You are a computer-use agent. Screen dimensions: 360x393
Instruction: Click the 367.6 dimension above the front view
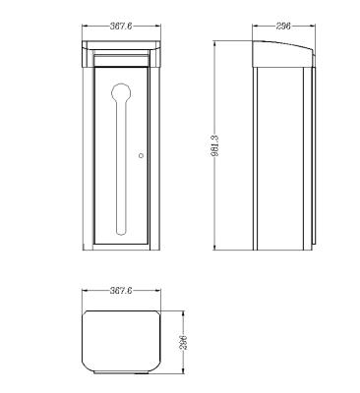click(121, 27)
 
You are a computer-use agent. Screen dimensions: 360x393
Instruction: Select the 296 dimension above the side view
click(283, 27)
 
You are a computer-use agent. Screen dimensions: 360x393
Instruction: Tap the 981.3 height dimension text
click(217, 145)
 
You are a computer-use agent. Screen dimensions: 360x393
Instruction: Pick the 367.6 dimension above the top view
click(121, 291)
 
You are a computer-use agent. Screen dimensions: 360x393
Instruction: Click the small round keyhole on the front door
click(142, 155)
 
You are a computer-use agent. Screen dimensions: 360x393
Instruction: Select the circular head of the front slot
click(121, 93)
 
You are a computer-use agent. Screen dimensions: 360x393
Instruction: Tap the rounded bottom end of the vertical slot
click(121, 231)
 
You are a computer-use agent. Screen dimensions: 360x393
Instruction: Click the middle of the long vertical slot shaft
click(121, 165)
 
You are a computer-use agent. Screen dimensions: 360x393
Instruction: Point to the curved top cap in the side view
click(282, 54)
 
